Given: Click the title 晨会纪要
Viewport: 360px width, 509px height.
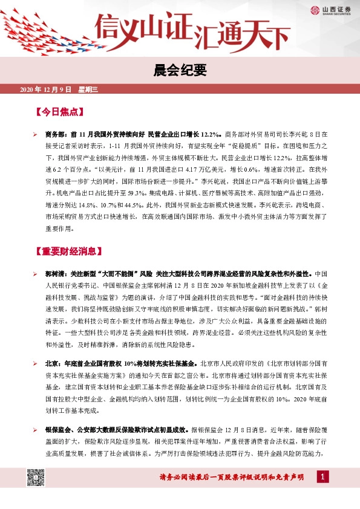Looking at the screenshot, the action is tap(180, 71).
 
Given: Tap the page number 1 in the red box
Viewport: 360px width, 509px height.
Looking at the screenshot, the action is tap(324, 478).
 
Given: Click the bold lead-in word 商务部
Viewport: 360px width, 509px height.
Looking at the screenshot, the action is tap(55, 135).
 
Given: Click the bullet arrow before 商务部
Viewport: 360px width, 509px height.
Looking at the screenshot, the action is tap(36, 135).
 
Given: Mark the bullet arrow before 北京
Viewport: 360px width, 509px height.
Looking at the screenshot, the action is tap(36, 364).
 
